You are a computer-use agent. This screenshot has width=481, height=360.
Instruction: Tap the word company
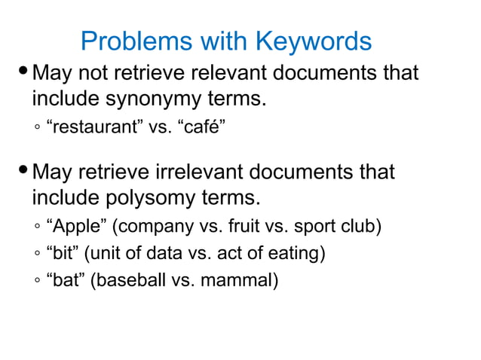pos(153,227)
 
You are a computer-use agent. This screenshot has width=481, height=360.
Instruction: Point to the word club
pos(364,227)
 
